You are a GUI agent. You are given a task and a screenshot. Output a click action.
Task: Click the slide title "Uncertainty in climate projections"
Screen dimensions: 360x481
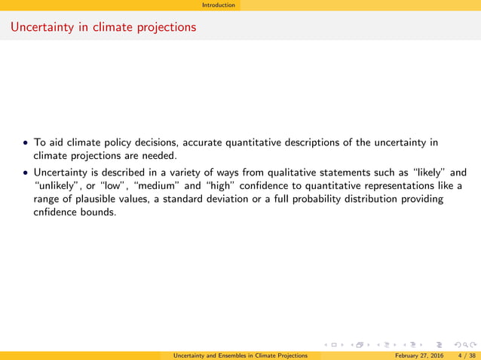click(x=103, y=27)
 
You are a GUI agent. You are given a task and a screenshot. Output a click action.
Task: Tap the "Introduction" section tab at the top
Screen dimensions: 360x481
click(x=222, y=5)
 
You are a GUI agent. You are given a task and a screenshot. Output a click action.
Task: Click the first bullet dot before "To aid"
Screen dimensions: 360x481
click(x=26, y=142)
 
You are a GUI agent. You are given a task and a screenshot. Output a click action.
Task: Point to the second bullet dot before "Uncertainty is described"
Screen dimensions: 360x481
click(x=26, y=172)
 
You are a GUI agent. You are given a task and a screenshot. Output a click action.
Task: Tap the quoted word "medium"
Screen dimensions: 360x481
click(x=158, y=185)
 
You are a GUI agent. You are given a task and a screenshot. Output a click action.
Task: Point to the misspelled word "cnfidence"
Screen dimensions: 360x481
click(x=58, y=212)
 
